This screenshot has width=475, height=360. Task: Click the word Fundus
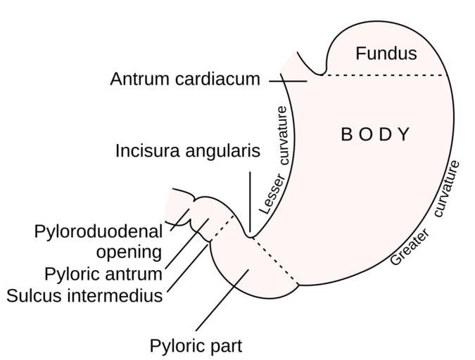click(x=386, y=53)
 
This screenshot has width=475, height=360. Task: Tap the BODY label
click(x=375, y=134)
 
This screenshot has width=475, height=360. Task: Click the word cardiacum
click(x=220, y=79)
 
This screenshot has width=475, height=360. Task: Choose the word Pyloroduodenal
click(x=98, y=232)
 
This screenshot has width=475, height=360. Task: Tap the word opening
click(x=129, y=252)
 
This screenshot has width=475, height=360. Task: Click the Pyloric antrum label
click(x=103, y=274)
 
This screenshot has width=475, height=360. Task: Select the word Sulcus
click(x=35, y=295)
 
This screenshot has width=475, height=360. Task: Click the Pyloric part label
click(x=196, y=346)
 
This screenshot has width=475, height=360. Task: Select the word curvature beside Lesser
click(x=283, y=135)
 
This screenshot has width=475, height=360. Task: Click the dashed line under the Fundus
click(x=384, y=75)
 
